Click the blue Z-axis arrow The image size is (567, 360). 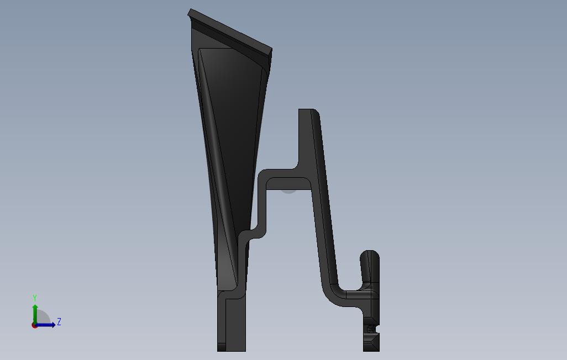[x=45, y=325]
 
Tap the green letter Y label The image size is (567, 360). [x=35, y=298]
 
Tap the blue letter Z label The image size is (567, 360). [x=59, y=321]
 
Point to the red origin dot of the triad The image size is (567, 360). [x=34, y=325]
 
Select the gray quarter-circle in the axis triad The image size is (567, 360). [x=43, y=317]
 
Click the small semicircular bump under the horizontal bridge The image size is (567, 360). [x=288, y=192]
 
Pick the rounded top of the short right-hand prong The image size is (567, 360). [x=370, y=255]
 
